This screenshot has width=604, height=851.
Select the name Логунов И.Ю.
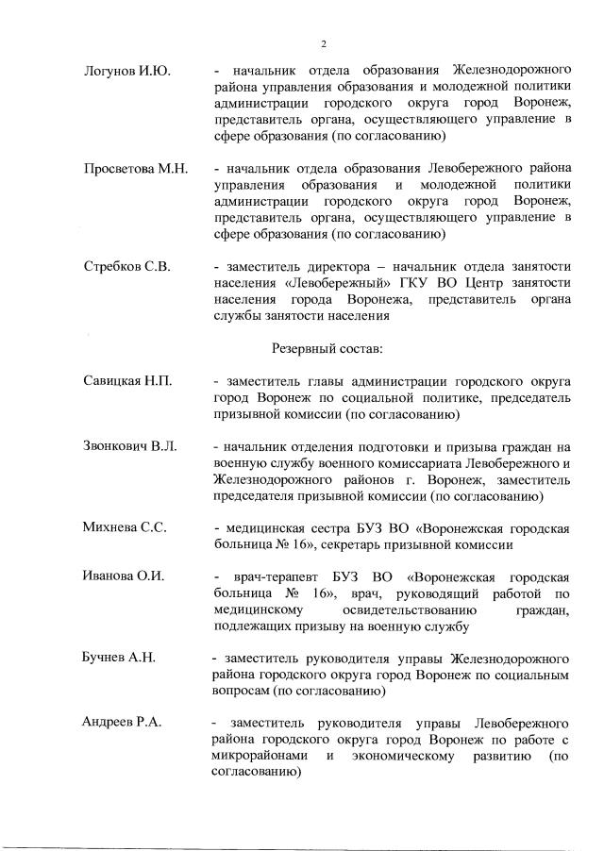pos(123,72)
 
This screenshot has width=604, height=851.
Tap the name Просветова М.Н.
pos(135,169)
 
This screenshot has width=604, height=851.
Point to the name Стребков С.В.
pos(126,267)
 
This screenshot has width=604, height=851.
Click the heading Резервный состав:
pos(327,348)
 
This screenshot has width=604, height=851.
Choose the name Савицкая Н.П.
pos(127,381)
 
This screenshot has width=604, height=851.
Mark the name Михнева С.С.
pos(125,527)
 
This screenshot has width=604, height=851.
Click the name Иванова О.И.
pos(124,576)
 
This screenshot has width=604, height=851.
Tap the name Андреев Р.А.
pos(122,723)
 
